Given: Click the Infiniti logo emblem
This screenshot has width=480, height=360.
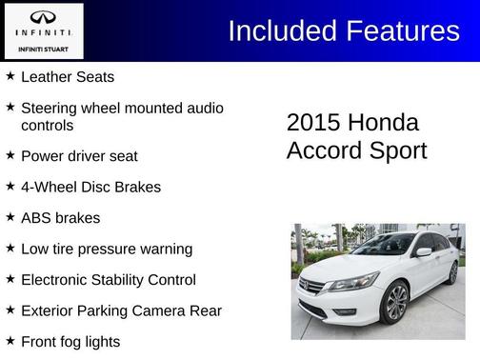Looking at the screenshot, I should coord(44,17).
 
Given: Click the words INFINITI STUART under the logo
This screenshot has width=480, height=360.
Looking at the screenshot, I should coord(44,49).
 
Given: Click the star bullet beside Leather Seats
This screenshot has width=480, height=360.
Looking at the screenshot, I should coord(10,75).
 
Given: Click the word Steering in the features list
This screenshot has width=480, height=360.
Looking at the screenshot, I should coord(50,109).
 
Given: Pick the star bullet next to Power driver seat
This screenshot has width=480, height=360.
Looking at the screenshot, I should coord(10,154).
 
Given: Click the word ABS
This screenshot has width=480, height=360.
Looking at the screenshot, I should coord(35,217).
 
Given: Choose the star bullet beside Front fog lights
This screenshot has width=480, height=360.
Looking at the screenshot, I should coord(10,341).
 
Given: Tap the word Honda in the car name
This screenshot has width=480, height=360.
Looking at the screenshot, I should coord(383,123).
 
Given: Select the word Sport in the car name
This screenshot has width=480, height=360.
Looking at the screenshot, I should coord(397,150).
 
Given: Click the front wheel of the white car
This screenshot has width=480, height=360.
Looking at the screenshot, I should coord(395,303).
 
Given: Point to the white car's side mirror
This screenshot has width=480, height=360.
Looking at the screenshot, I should coord(423,252).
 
